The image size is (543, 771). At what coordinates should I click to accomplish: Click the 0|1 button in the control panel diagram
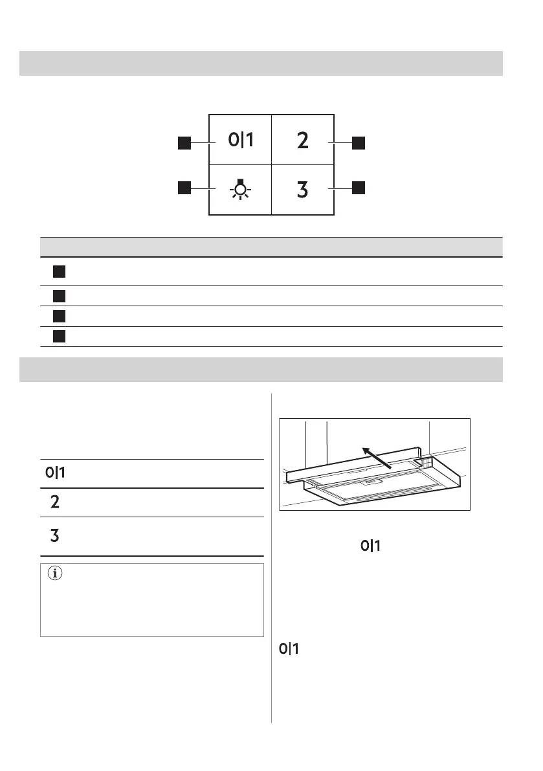click(241, 140)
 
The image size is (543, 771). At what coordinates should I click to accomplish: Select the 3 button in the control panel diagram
click(302, 190)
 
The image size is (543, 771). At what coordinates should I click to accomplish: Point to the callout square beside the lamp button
click(184, 188)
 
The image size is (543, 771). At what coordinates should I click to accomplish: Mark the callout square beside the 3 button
click(358, 188)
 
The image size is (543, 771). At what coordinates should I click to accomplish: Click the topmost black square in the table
click(60, 271)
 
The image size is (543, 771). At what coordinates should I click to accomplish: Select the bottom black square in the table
click(60, 337)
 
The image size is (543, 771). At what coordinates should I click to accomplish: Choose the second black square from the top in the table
click(60, 296)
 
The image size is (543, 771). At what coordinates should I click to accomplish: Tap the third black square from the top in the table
click(60, 317)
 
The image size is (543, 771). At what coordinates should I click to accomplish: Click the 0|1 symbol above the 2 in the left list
click(55, 473)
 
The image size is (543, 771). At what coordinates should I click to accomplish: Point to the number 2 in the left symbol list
click(55, 502)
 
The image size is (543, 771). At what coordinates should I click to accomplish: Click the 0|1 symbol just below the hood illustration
click(369, 546)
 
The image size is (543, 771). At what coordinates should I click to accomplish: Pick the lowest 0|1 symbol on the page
click(289, 648)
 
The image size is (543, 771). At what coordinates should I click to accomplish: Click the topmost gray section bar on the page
click(261, 63)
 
